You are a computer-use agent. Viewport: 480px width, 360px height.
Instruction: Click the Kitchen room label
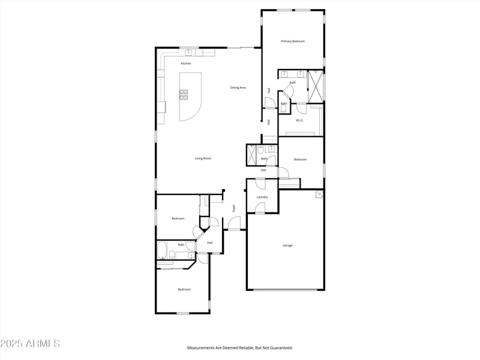[x=186, y=64]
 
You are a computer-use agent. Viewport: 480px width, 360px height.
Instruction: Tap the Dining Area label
[x=238, y=88]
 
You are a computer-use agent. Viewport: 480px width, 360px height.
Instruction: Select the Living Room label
[x=203, y=158]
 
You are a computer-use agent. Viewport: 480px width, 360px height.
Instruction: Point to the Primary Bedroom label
[x=293, y=41]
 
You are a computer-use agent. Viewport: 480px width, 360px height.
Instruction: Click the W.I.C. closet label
[x=299, y=120]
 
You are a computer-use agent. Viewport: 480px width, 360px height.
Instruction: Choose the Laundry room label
[x=262, y=197]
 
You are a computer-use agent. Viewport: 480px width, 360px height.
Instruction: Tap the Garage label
[x=287, y=245]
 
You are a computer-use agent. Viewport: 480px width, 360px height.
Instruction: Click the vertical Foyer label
[x=234, y=208]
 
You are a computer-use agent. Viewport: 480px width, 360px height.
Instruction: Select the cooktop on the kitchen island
[x=184, y=94]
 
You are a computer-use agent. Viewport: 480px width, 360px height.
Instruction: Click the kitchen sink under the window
[x=190, y=52]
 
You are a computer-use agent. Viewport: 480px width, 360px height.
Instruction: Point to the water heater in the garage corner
[x=319, y=195]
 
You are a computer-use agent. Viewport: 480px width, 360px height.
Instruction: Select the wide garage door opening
[x=286, y=290]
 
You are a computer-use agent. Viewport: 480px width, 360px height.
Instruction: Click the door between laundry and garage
[x=260, y=208]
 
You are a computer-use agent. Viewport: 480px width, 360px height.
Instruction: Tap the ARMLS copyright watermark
[x=30, y=344]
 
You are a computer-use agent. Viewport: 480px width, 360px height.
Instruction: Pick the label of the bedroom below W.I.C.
[x=300, y=159]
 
